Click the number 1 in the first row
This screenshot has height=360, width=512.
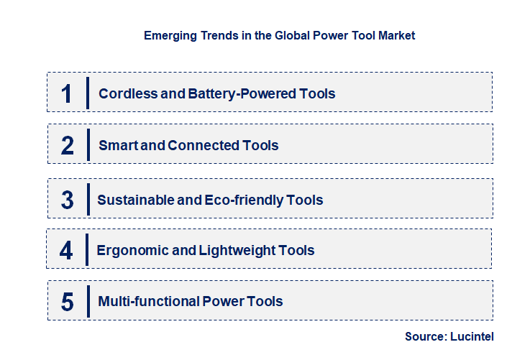point(67,93)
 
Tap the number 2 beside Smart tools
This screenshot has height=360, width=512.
point(68,145)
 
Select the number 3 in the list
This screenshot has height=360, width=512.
point(68,200)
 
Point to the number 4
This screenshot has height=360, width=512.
point(67,250)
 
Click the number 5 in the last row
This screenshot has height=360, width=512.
point(68,302)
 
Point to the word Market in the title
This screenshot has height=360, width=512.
point(395,34)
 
